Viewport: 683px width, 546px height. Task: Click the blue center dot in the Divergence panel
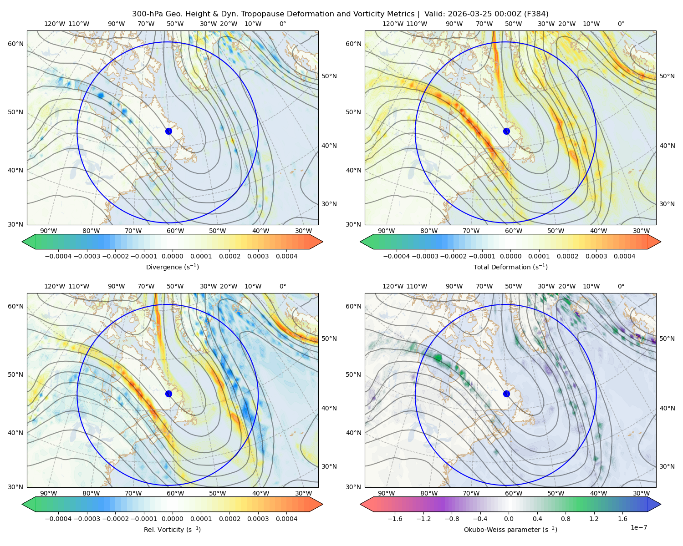point(168,131)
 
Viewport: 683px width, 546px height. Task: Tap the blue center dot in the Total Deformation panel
point(506,131)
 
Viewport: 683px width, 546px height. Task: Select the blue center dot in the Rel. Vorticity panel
point(168,394)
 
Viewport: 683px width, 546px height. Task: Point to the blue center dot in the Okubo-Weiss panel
point(506,394)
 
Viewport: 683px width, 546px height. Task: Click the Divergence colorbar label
point(172,267)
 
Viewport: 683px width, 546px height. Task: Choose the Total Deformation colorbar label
point(510,267)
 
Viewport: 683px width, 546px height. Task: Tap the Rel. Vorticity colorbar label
point(172,530)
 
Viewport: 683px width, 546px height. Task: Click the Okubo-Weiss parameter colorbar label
point(510,530)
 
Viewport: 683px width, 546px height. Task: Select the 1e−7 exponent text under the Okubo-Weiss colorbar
point(638,527)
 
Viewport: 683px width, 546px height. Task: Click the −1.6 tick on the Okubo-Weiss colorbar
point(395,519)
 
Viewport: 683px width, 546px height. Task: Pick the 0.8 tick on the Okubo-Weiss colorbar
point(566,519)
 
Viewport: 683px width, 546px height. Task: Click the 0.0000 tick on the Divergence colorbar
point(172,256)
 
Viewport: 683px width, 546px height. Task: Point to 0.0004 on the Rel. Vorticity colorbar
point(286,519)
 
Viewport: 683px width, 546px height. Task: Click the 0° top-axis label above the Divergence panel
point(283,24)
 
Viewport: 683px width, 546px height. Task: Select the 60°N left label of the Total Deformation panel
point(353,44)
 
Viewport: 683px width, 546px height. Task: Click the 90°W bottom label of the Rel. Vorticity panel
point(49,493)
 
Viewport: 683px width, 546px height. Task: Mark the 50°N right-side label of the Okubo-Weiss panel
point(667,339)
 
